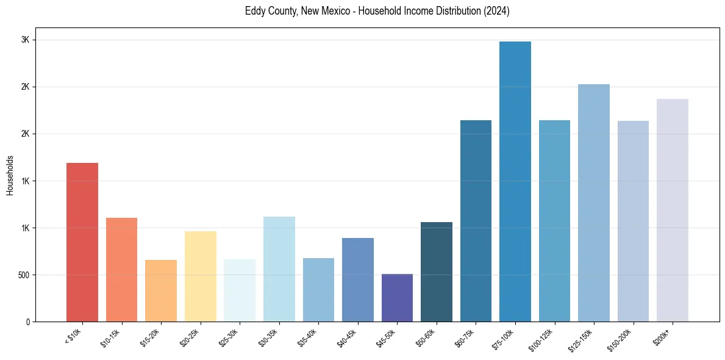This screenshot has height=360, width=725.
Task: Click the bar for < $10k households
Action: [82, 242]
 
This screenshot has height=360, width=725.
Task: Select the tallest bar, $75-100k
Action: [515, 181]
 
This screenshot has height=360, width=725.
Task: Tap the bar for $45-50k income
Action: [397, 298]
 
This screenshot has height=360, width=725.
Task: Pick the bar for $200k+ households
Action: [673, 210]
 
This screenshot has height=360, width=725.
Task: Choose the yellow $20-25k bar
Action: [201, 276]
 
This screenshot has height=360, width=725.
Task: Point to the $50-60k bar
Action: [437, 272]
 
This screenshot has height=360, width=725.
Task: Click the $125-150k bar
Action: [594, 203]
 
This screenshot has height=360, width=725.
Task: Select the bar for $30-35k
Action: [279, 269]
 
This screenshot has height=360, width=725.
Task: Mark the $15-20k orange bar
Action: [161, 290]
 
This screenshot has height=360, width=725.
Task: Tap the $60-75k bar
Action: [476, 221]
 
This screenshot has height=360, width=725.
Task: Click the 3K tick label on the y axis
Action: [26, 40]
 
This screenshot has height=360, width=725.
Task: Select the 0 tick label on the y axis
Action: [27, 322]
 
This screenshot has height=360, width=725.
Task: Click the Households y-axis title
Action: [10, 175]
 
